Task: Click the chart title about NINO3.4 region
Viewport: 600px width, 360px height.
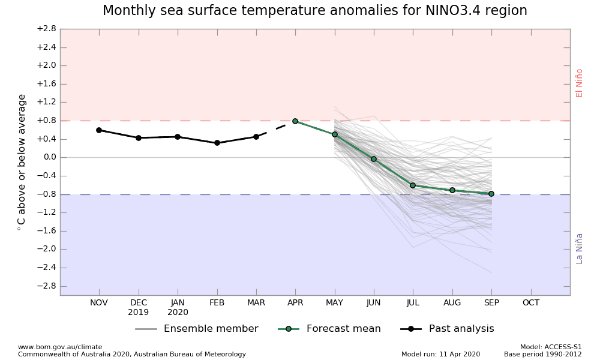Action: (314, 11)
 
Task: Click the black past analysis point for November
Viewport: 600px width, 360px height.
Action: (99, 130)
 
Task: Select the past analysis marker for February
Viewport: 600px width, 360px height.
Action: (217, 143)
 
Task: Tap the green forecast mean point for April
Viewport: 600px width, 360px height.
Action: (295, 121)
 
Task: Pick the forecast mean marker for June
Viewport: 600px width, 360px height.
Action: (374, 159)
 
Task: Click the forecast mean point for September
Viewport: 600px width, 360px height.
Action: (491, 194)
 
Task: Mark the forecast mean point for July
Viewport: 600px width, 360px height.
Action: (413, 185)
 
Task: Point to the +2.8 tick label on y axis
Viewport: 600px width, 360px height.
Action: (46, 29)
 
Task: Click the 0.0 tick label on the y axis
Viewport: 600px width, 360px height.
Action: (49, 157)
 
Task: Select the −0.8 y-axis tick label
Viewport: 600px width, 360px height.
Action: (46, 194)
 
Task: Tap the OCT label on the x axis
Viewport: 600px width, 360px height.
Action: (530, 303)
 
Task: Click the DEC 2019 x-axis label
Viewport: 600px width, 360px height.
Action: (139, 307)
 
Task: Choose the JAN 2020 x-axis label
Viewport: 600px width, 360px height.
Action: (178, 307)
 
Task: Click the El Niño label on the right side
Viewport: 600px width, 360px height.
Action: (580, 83)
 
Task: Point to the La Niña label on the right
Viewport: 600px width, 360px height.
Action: (580, 248)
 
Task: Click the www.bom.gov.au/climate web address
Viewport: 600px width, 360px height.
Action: (60, 347)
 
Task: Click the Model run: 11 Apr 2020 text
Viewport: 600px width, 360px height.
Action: (440, 354)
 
